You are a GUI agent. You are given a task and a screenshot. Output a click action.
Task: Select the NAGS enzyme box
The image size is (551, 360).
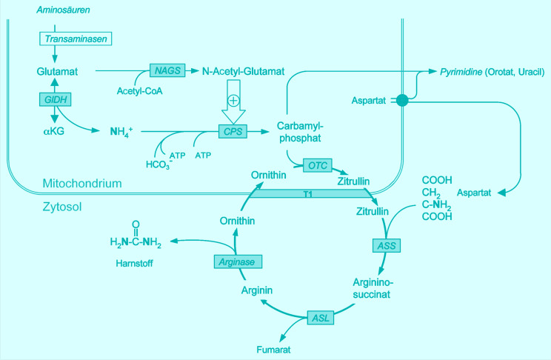coord(163,70)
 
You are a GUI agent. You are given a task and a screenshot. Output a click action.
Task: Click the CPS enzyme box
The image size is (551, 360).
coord(230,131)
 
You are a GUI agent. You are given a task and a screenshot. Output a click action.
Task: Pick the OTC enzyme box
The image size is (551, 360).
coord(317,164)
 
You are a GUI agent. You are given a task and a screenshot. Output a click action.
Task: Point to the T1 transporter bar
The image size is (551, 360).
coord(307,193)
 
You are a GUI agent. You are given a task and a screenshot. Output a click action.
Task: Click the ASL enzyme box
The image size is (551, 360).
coord(320,318)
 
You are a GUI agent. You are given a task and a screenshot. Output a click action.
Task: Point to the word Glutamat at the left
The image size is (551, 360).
coord(56,71)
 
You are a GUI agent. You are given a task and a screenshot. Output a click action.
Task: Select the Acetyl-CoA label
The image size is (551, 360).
coord(139,90)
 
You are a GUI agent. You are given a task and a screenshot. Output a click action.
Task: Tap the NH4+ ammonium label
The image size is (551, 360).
coord(121,132)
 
